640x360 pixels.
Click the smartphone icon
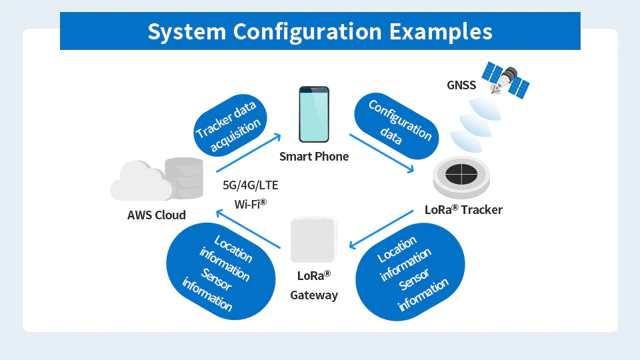313,114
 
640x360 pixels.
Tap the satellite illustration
507,80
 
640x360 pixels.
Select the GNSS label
461,85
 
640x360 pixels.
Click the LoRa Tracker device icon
461,175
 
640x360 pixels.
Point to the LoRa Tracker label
463,209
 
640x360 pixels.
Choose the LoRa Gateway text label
314,285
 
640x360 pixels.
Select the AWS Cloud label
157,215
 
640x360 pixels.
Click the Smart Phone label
314,157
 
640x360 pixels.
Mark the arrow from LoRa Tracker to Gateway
381,229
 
